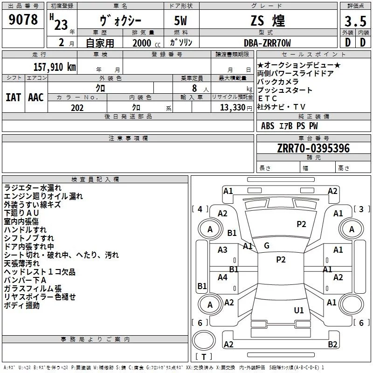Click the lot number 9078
(x=23, y=20)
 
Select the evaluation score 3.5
(x=355, y=21)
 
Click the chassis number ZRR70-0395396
(x=313, y=149)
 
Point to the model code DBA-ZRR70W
(x=267, y=43)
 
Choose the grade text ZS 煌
(x=267, y=21)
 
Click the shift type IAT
(x=13, y=97)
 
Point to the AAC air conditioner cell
(x=36, y=97)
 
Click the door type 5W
(x=180, y=21)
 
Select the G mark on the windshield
(x=267, y=246)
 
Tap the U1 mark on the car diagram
(x=299, y=310)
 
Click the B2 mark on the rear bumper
(x=332, y=345)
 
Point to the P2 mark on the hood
(x=302, y=224)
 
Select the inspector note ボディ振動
(x=22, y=305)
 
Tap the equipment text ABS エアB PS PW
(x=290, y=126)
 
